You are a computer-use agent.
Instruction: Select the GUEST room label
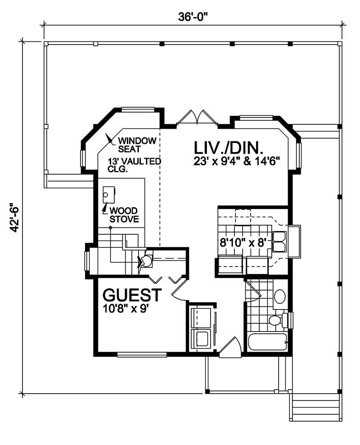[132, 295]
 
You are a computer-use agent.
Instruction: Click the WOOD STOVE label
[124, 215]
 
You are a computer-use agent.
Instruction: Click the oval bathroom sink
[279, 296]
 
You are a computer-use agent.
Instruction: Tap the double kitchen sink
[279, 241]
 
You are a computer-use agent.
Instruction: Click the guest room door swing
[180, 294]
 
